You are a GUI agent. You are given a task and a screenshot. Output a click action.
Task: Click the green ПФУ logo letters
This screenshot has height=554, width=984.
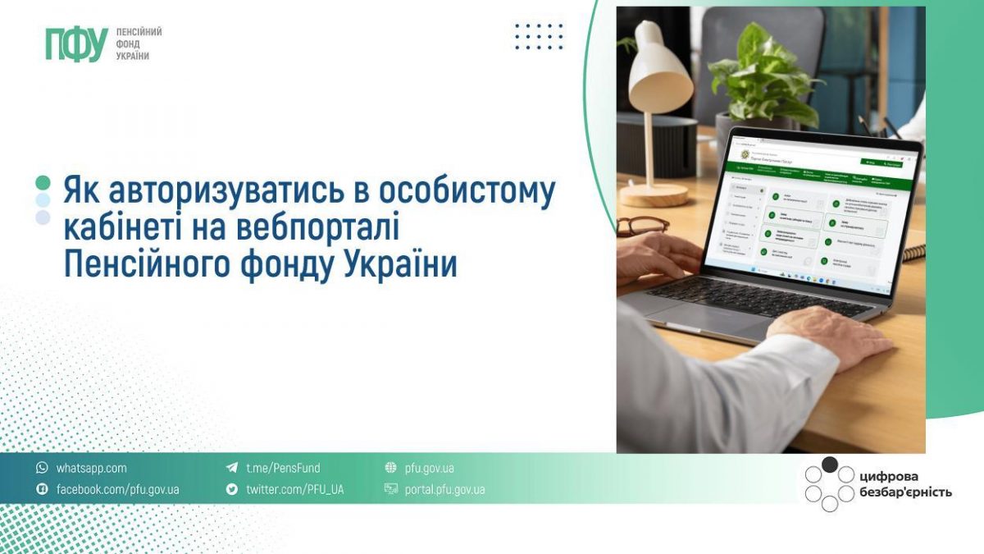pos(76,43)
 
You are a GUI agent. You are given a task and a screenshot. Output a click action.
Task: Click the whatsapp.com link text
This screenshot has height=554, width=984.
pos(91,468)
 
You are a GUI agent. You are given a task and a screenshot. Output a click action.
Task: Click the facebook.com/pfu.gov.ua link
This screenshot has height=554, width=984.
pos(117,489)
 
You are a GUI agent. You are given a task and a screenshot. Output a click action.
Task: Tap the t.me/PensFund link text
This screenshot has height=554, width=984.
pos(283,468)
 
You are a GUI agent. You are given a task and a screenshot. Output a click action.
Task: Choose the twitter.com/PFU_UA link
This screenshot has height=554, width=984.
pos(294,489)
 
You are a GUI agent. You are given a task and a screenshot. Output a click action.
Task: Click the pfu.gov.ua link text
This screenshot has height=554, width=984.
pos(429,468)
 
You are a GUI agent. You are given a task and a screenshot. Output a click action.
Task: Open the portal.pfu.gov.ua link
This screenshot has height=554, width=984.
pos(444,489)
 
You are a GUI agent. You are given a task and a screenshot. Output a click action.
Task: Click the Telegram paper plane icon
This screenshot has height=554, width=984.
pos(232,468)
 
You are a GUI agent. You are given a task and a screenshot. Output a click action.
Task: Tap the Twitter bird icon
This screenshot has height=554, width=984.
pos(232,489)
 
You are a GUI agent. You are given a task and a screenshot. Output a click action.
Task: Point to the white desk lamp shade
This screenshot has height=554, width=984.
pos(659,69)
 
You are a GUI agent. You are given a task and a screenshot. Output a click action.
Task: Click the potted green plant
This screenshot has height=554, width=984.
pos(758,78)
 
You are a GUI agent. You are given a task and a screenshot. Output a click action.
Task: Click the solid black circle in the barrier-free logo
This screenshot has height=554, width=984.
pos(830,465)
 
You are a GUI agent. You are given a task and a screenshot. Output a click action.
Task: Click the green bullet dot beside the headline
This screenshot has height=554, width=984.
pos(43,182)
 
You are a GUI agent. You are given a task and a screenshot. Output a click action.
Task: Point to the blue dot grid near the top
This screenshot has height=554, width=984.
pos(540,37)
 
